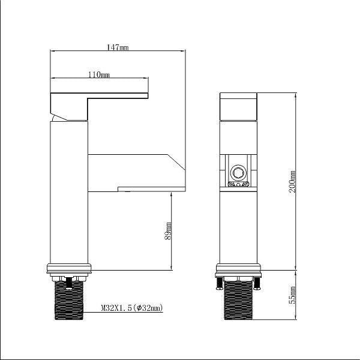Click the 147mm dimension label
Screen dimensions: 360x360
tap(118, 47)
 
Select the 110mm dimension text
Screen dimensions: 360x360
tap(99, 74)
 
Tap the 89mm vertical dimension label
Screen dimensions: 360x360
tap(168, 231)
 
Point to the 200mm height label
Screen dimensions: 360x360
tap(292, 182)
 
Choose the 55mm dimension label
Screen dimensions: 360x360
tap(292, 295)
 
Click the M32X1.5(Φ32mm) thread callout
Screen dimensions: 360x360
tap(132, 308)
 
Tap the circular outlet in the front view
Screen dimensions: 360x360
tap(238, 173)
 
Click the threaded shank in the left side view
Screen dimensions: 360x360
tap(69, 301)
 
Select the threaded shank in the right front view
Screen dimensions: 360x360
tap(238, 301)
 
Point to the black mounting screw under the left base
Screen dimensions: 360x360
tap(69, 283)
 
